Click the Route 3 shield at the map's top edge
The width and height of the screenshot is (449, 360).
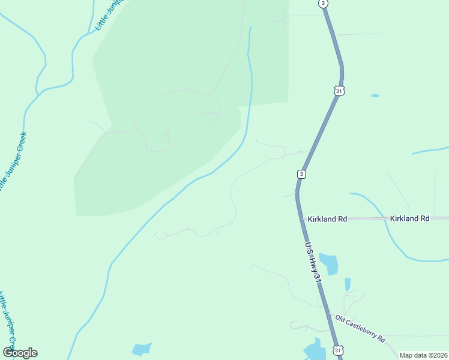[324, 3]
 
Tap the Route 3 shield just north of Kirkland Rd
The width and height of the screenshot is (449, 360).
[301, 174]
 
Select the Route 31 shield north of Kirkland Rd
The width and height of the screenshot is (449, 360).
[339, 90]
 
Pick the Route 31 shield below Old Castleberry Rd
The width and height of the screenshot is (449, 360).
[338, 350]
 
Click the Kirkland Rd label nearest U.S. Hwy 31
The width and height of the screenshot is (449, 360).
[327, 219]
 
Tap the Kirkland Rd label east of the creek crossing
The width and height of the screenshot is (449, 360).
[409, 219]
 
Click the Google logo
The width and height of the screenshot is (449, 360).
[20, 353]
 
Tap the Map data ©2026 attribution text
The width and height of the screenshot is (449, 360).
[423, 355]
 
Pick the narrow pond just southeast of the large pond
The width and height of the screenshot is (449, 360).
[348, 284]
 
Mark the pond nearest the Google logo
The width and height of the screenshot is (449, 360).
[142, 349]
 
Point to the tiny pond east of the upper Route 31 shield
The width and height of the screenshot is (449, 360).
[375, 95]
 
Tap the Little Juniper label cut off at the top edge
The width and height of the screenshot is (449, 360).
[108, 15]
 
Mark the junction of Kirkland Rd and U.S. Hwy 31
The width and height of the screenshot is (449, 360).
[300, 219]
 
